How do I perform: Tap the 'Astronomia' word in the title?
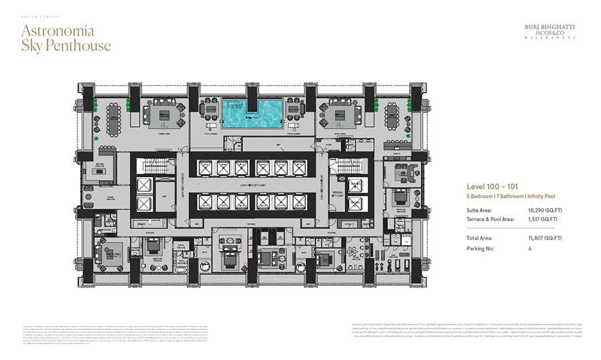coord(57,31)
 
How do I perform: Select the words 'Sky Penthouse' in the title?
coord(65,46)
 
